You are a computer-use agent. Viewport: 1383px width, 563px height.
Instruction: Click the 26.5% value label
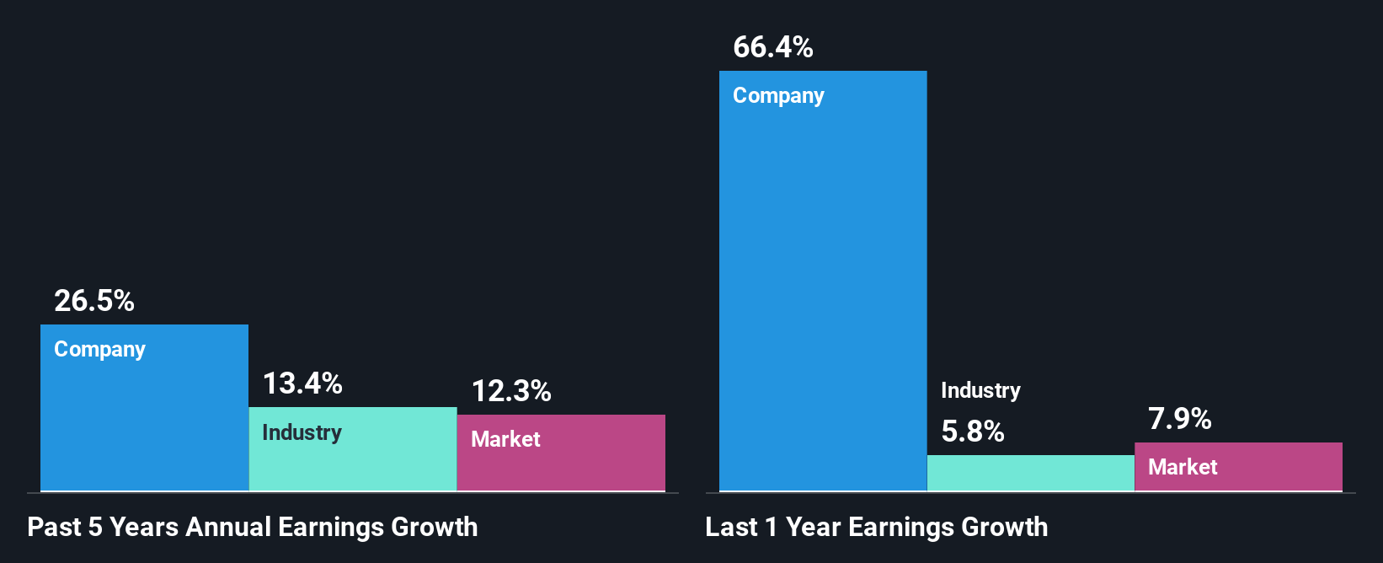point(94,301)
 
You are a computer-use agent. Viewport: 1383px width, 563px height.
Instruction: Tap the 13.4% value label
point(302,383)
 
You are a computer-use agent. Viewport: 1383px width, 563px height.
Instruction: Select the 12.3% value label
point(511,391)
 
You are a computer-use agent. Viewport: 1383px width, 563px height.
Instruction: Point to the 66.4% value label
point(773,47)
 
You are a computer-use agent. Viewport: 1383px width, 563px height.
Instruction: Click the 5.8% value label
point(973,432)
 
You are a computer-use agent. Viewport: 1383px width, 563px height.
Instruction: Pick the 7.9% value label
point(1180,419)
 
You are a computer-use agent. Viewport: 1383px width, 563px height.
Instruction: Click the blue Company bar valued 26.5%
point(144,421)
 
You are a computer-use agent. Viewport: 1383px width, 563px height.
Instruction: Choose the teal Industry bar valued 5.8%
point(1030,473)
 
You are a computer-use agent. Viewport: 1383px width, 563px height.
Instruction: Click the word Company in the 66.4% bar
point(778,96)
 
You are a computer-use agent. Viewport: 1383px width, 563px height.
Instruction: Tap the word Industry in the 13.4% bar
point(302,433)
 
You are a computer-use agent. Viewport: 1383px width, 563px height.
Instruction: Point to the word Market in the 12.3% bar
point(505,439)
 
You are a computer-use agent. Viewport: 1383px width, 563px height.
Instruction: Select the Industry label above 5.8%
point(980,390)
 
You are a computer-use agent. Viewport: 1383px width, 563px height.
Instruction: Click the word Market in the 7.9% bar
point(1183,467)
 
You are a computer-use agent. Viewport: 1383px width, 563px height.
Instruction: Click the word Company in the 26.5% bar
point(99,350)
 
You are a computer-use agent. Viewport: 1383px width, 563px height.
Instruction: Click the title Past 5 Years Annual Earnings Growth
point(253,528)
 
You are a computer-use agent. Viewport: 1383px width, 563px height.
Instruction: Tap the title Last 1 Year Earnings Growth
point(877,528)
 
